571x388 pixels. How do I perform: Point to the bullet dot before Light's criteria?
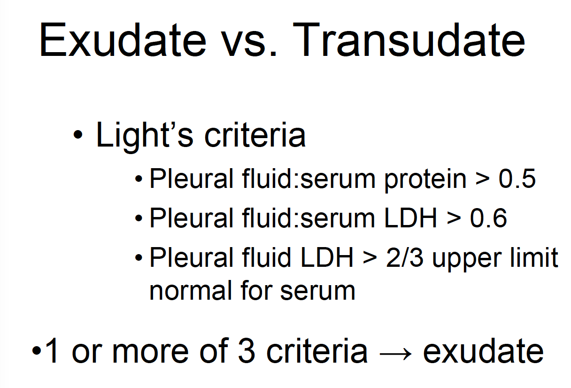tap(78, 134)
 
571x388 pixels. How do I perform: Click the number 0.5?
tap(517, 178)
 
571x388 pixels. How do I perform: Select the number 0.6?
tap(488, 217)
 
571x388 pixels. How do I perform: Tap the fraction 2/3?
tap(405, 257)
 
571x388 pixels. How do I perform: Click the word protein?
tap(425, 179)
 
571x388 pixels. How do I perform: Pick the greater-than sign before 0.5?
tap(483, 179)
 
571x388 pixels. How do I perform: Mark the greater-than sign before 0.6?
tap(454, 218)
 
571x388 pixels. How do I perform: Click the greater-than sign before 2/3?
tap(370, 258)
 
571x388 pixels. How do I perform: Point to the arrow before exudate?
tap(395, 354)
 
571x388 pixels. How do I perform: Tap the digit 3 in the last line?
tap(247, 350)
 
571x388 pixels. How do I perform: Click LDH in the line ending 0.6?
tap(410, 217)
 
